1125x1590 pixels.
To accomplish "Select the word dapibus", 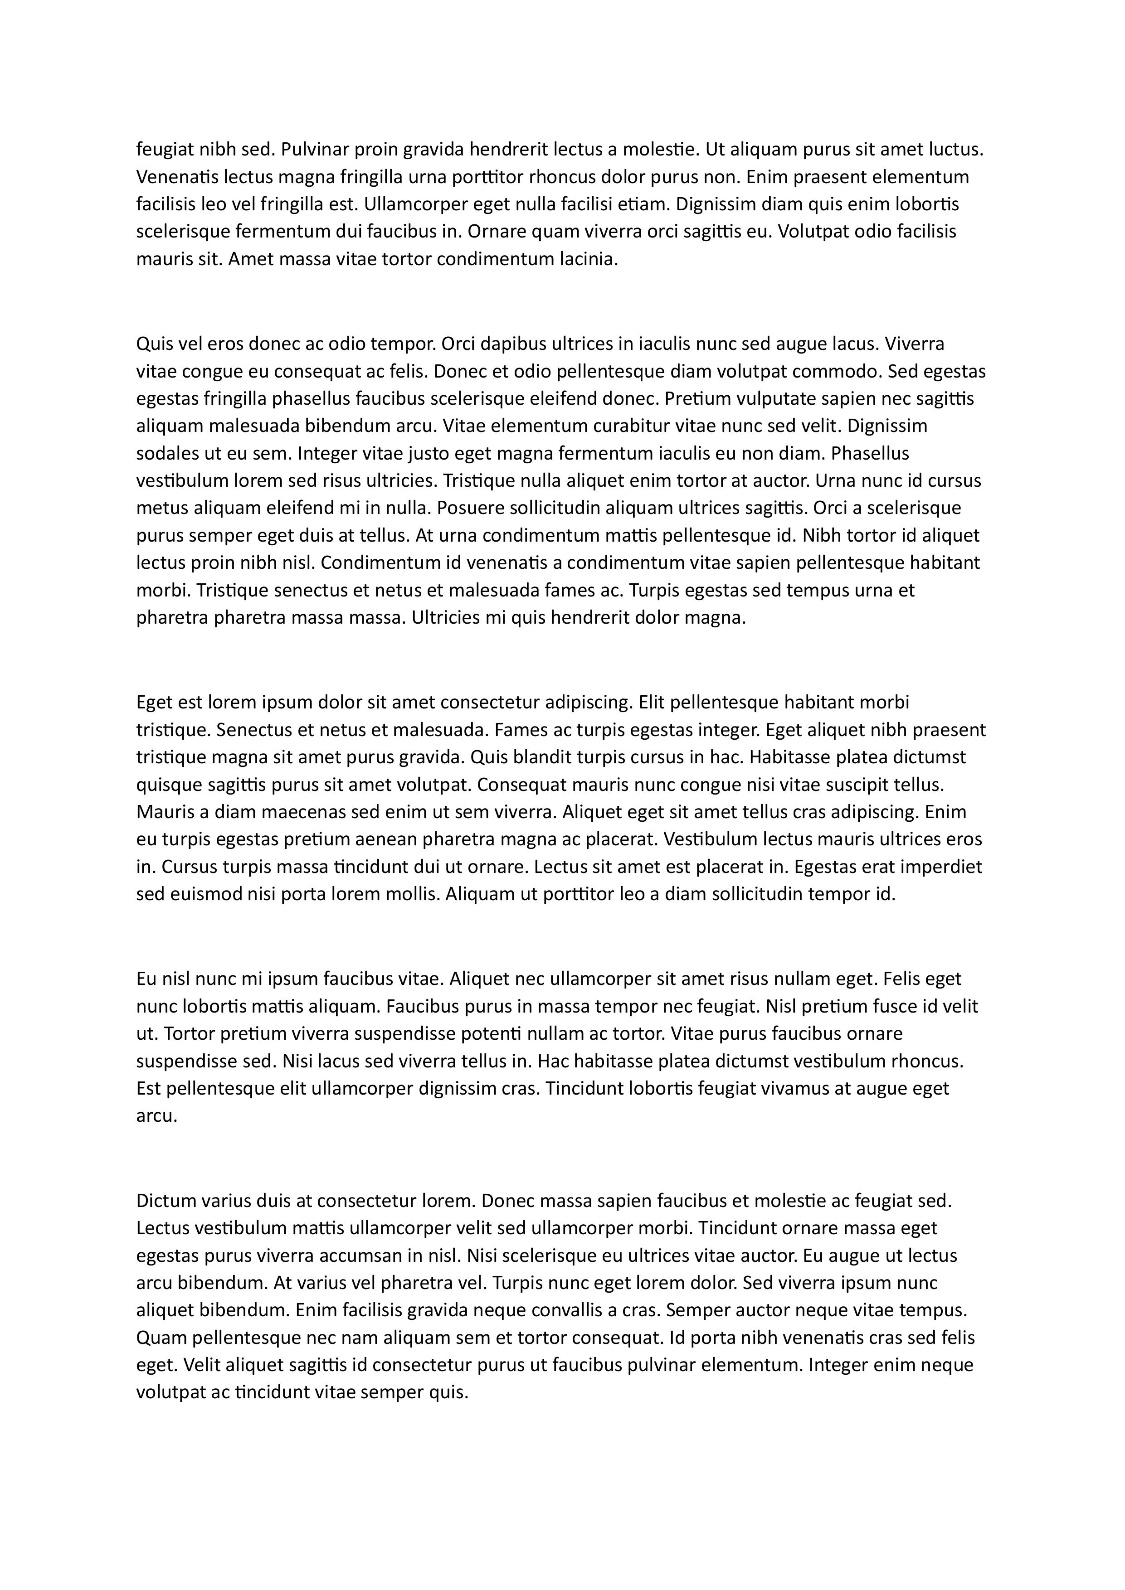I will [507, 344].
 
